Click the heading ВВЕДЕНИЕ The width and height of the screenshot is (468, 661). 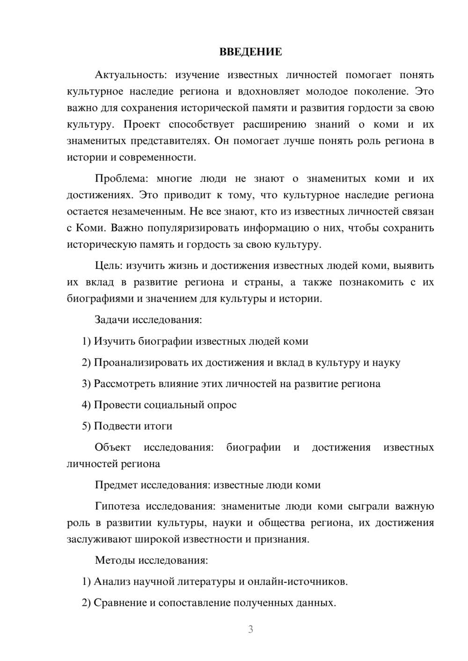point(250,52)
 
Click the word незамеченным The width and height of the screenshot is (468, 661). point(149,211)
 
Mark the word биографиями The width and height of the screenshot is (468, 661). point(100,298)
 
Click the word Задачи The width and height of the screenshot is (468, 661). point(112,320)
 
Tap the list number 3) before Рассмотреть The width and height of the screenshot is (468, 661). point(86,384)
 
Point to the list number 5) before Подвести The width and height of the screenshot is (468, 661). point(86,426)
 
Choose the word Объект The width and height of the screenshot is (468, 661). point(113,447)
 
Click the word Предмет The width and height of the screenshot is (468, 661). point(117,485)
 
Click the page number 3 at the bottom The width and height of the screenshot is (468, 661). point(250,629)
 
